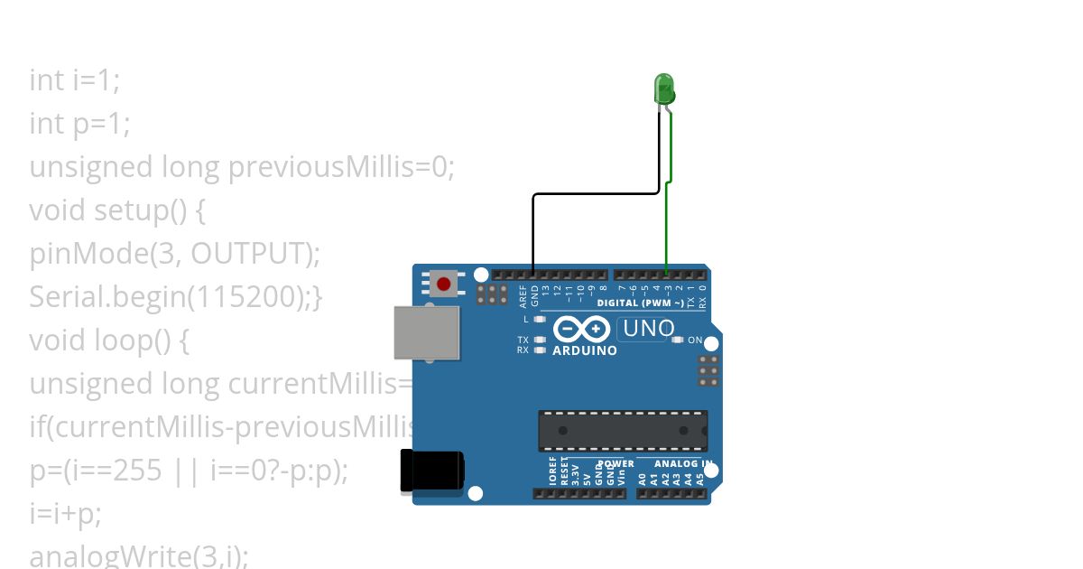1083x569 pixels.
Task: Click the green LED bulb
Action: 663,89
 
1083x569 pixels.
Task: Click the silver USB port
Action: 426,331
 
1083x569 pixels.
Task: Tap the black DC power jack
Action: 432,471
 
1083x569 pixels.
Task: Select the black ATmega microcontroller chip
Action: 623,430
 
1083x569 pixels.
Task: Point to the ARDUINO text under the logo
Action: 585,350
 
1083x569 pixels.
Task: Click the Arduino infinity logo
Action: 583,330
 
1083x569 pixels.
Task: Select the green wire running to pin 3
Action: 667,226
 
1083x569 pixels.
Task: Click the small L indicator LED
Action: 541,319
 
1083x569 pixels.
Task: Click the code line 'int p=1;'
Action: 79,123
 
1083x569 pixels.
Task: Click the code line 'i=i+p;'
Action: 65,514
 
